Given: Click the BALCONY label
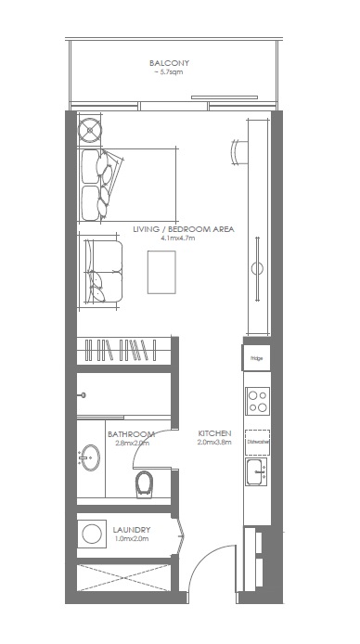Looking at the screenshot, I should coord(169,63).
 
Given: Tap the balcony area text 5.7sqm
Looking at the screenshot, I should coord(169,72).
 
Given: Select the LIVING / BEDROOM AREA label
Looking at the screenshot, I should coord(183,228).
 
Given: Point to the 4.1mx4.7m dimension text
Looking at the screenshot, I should coord(182,238).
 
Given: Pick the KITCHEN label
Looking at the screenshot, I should coord(213,433).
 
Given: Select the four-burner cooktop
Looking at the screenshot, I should coord(257,401).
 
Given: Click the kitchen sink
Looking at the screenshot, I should coord(257,473).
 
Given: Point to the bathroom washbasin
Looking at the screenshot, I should coord(91,457).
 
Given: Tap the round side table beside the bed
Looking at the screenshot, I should coord(91,129).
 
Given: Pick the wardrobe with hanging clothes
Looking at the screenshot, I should coord(122,352).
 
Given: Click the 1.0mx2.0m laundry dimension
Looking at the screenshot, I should coord(132,539).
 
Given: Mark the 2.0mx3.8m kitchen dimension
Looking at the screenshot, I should coord(213,443).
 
